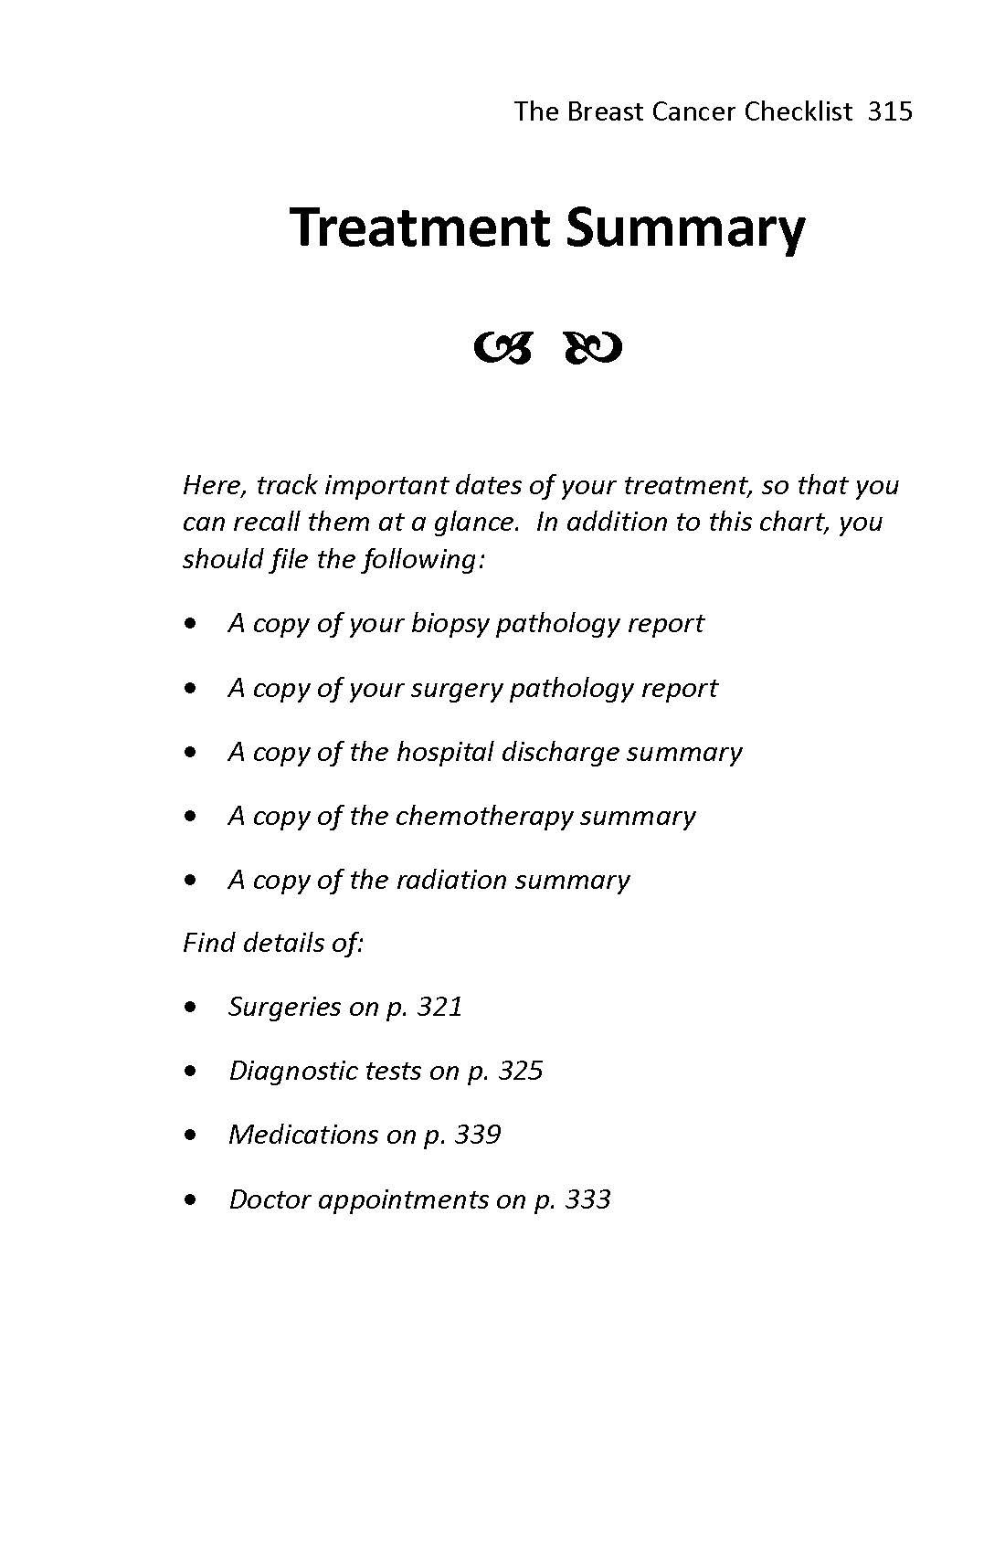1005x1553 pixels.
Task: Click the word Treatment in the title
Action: pos(420,227)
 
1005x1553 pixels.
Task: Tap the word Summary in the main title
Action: pos(685,229)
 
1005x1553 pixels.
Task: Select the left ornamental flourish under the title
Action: pos(503,348)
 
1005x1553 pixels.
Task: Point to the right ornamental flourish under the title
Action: pos(594,348)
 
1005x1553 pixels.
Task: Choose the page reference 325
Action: pos(521,1071)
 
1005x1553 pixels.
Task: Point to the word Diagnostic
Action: pos(292,1071)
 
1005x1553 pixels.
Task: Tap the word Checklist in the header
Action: pos(798,111)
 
